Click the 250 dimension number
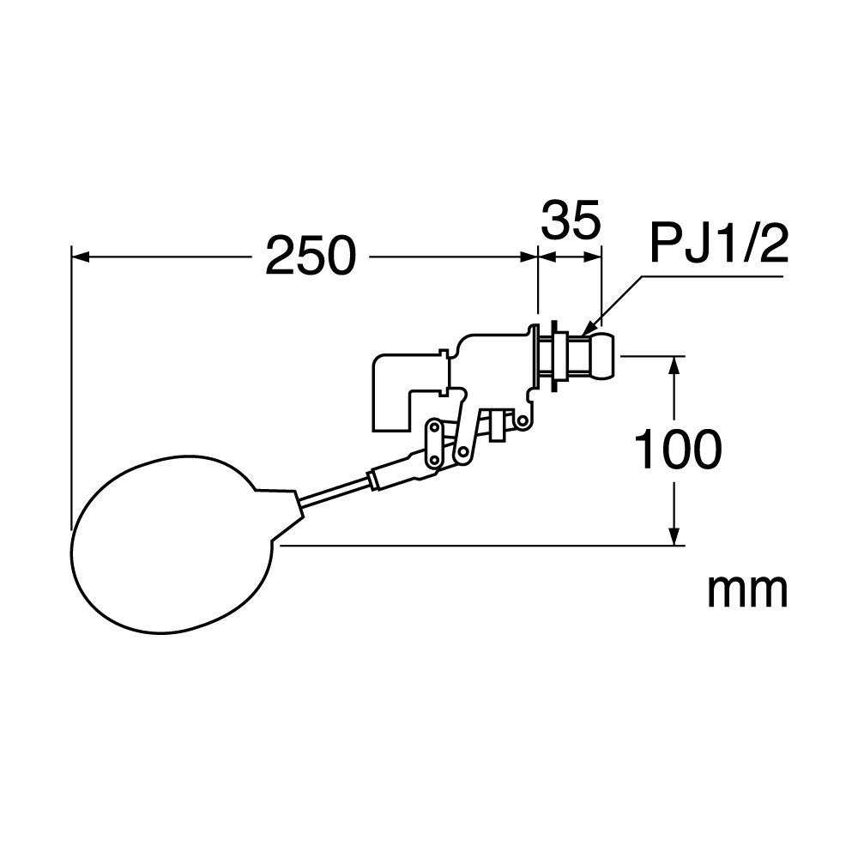(x=311, y=256)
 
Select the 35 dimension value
(x=571, y=220)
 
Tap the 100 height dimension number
(x=678, y=450)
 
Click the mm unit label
(x=747, y=591)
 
